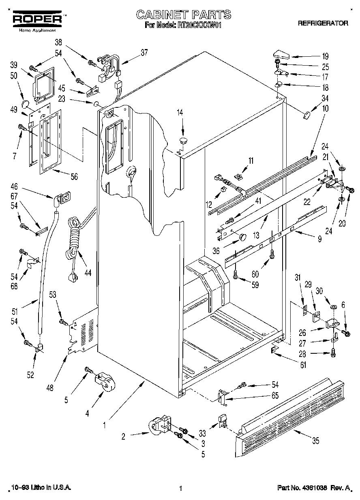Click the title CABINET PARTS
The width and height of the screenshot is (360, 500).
[183, 15]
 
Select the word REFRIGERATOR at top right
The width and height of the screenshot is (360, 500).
[323, 23]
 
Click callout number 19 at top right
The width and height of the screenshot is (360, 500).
[326, 56]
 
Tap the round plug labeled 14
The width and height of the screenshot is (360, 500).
[182, 141]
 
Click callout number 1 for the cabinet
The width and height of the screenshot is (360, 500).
[105, 425]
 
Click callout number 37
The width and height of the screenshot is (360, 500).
[144, 52]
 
